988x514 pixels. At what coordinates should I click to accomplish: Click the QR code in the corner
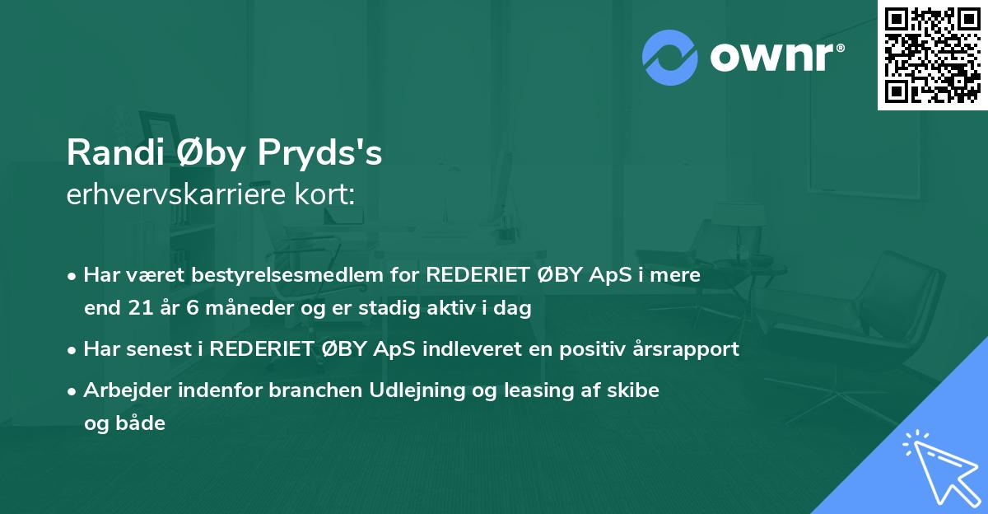933,55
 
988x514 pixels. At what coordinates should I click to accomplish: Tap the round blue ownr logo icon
670,57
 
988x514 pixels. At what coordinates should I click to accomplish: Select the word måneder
231,309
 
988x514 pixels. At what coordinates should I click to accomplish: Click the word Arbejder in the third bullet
123,390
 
